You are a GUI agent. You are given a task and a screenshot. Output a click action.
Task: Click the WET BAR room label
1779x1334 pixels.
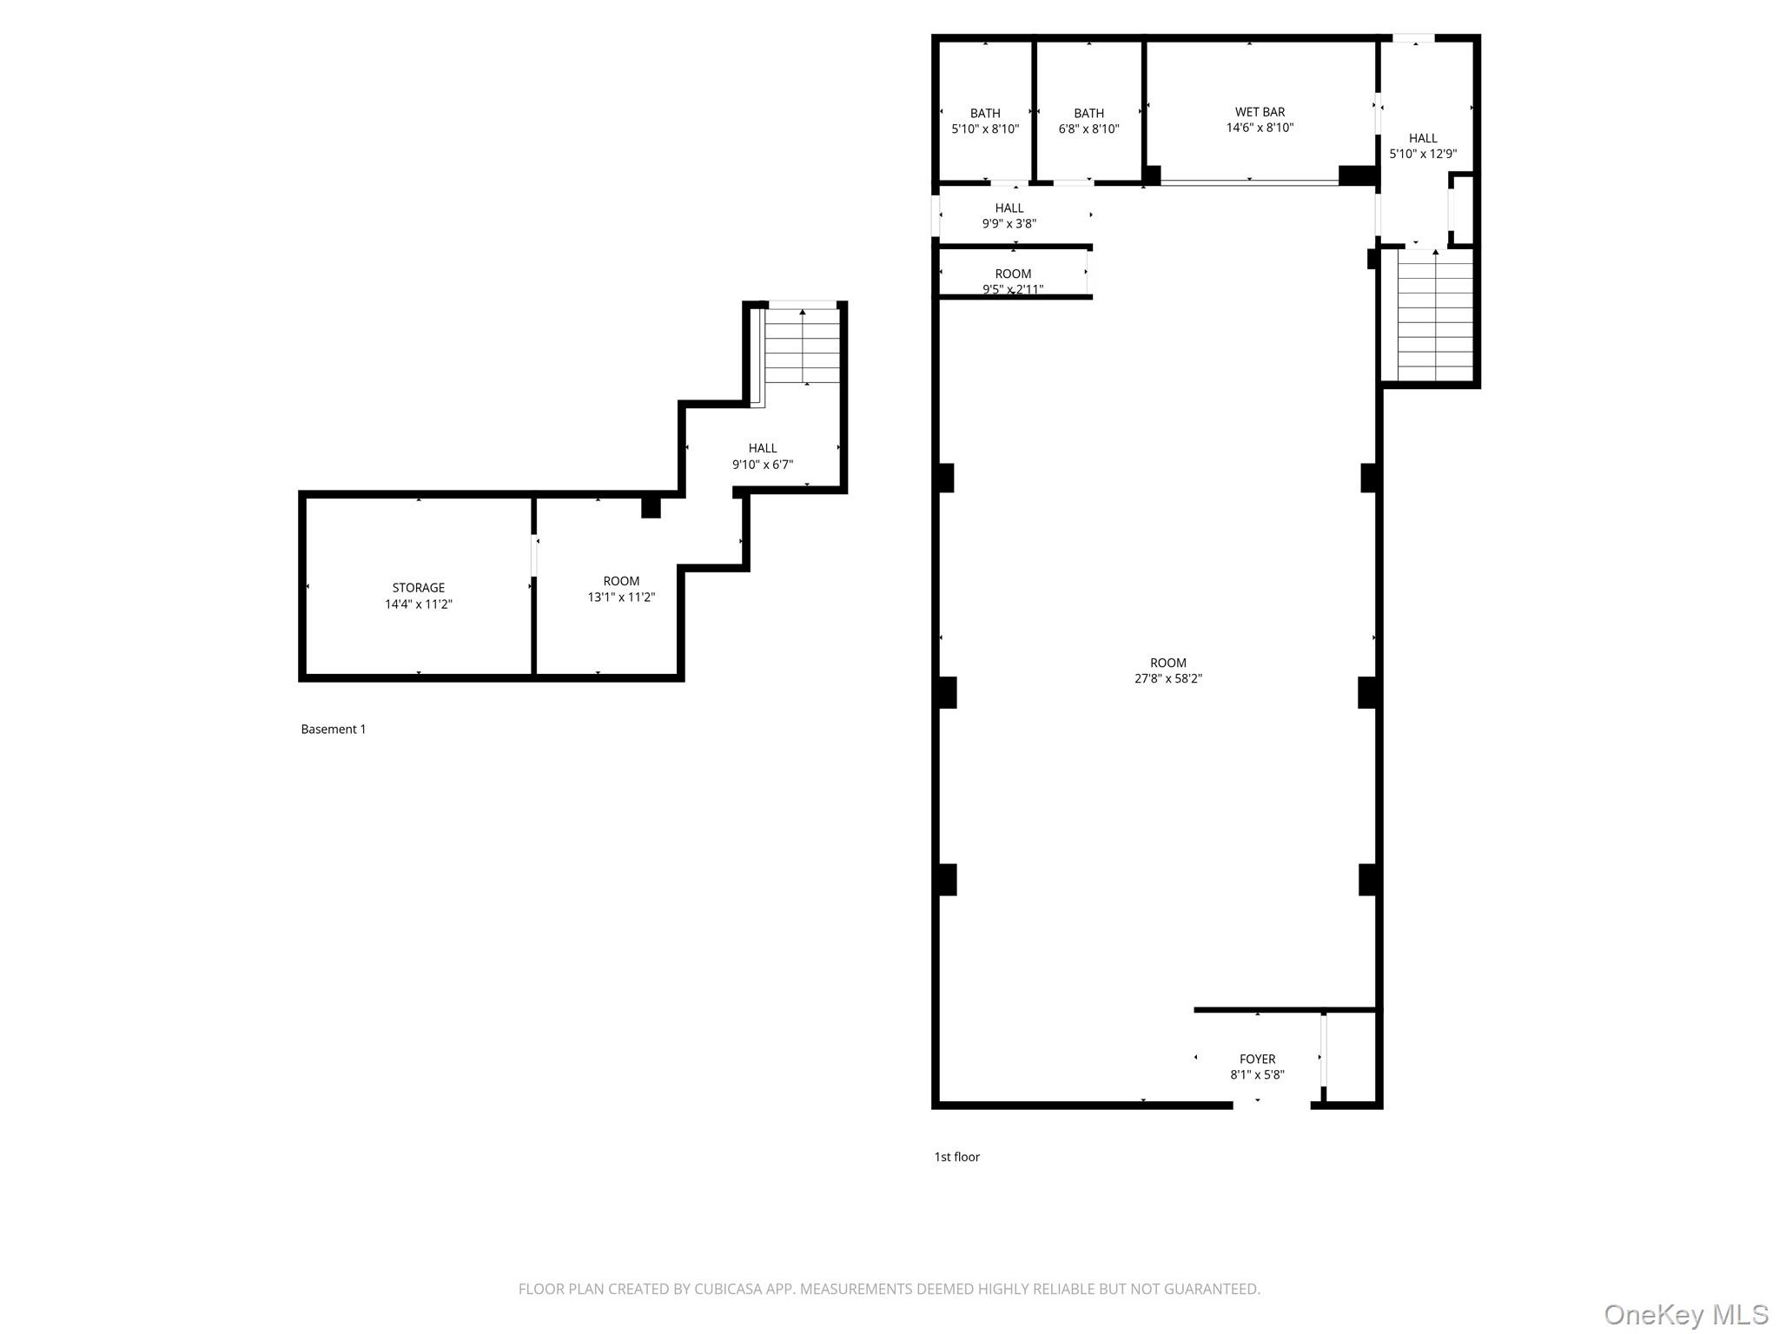click(1260, 112)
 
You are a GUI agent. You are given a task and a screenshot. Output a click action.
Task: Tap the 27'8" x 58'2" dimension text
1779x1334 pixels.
click(1167, 679)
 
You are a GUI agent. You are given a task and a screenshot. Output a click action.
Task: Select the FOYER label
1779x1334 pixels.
click(1257, 1059)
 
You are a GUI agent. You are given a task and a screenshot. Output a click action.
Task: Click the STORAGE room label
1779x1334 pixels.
click(418, 588)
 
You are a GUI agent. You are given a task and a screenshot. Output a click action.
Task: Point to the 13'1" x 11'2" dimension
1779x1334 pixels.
click(621, 598)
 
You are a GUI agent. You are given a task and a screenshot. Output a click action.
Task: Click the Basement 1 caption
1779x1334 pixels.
click(333, 730)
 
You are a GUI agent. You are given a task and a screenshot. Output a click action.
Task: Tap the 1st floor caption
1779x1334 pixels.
click(956, 1157)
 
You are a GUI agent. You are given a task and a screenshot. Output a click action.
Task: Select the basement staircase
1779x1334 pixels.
click(803, 347)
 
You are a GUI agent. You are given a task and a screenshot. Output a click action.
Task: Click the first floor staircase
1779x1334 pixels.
click(1435, 316)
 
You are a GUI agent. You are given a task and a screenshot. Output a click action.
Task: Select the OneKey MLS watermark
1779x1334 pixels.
click(1685, 1314)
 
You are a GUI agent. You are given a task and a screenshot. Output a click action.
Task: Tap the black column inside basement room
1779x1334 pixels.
click(651, 508)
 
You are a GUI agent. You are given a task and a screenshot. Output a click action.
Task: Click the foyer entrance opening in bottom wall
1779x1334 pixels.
click(1271, 1105)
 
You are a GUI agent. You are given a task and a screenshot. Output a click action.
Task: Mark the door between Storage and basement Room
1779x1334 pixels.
click(534, 556)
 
